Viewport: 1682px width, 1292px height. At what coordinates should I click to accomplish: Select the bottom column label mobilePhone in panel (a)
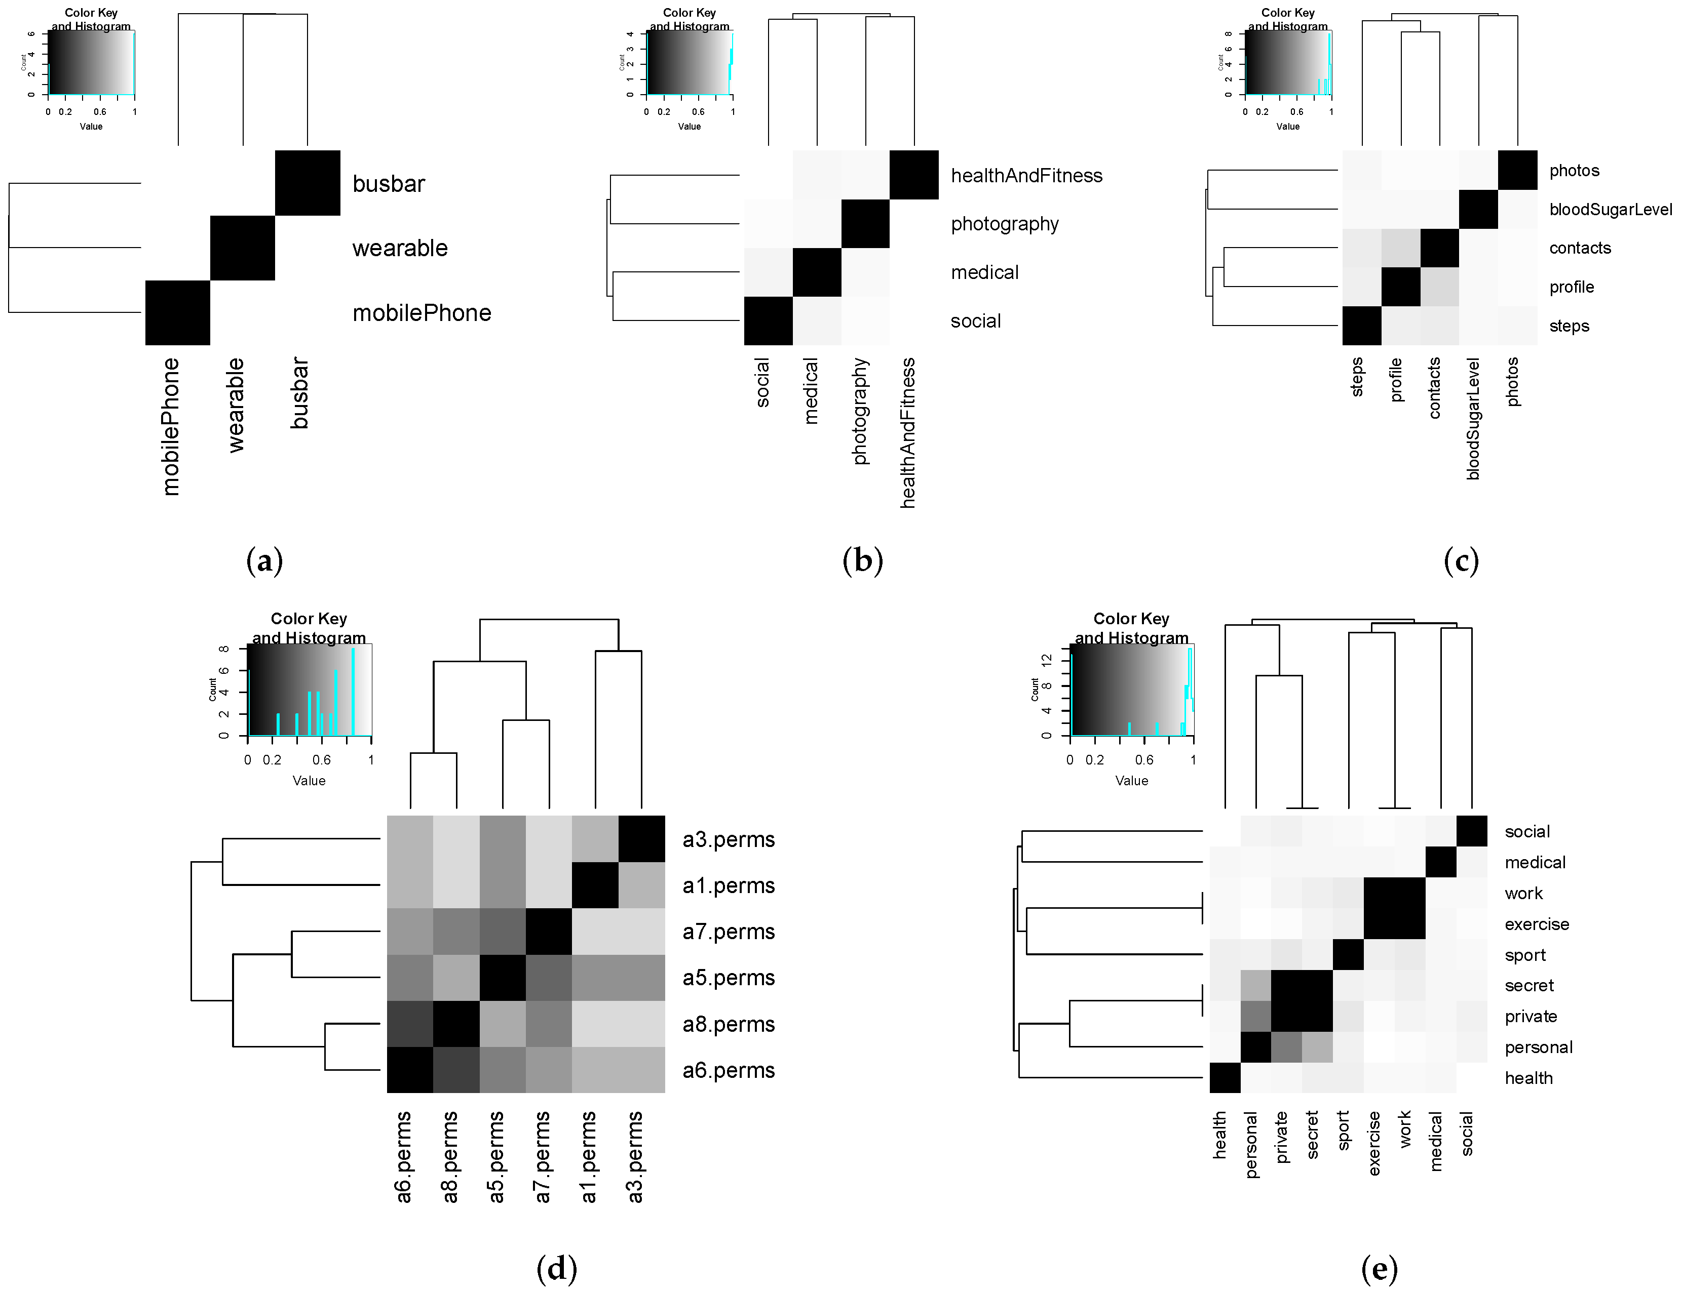point(171,426)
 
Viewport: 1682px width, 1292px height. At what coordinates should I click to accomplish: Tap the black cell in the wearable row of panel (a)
point(242,248)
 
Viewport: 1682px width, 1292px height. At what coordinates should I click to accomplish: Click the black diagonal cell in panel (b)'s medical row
point(817,272)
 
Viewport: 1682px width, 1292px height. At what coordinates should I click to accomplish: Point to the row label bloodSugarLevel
point(1611,209)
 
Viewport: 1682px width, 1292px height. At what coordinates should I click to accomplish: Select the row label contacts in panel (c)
point(1580,248)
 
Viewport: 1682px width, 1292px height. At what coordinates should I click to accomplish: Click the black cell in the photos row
point(1517,170)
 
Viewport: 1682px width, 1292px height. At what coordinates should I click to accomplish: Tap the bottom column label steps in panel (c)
point(1357,377)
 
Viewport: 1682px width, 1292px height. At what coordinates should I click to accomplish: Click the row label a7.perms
point(728,932)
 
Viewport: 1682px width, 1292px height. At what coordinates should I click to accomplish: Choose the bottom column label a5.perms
point(497,1157)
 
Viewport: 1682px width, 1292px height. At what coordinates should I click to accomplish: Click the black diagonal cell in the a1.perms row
point(595,885)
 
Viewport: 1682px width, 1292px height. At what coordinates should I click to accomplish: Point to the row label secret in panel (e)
point(1529,985)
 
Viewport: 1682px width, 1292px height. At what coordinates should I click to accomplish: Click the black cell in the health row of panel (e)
point(1225,1077)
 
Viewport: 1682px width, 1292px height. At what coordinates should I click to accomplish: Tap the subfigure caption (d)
point(556,1268)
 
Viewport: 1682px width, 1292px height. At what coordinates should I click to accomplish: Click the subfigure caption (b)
point(863,560)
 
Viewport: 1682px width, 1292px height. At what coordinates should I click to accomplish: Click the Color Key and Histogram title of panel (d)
point(309,628)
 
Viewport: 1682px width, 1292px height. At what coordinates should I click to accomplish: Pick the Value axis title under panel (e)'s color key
point(1131,781)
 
